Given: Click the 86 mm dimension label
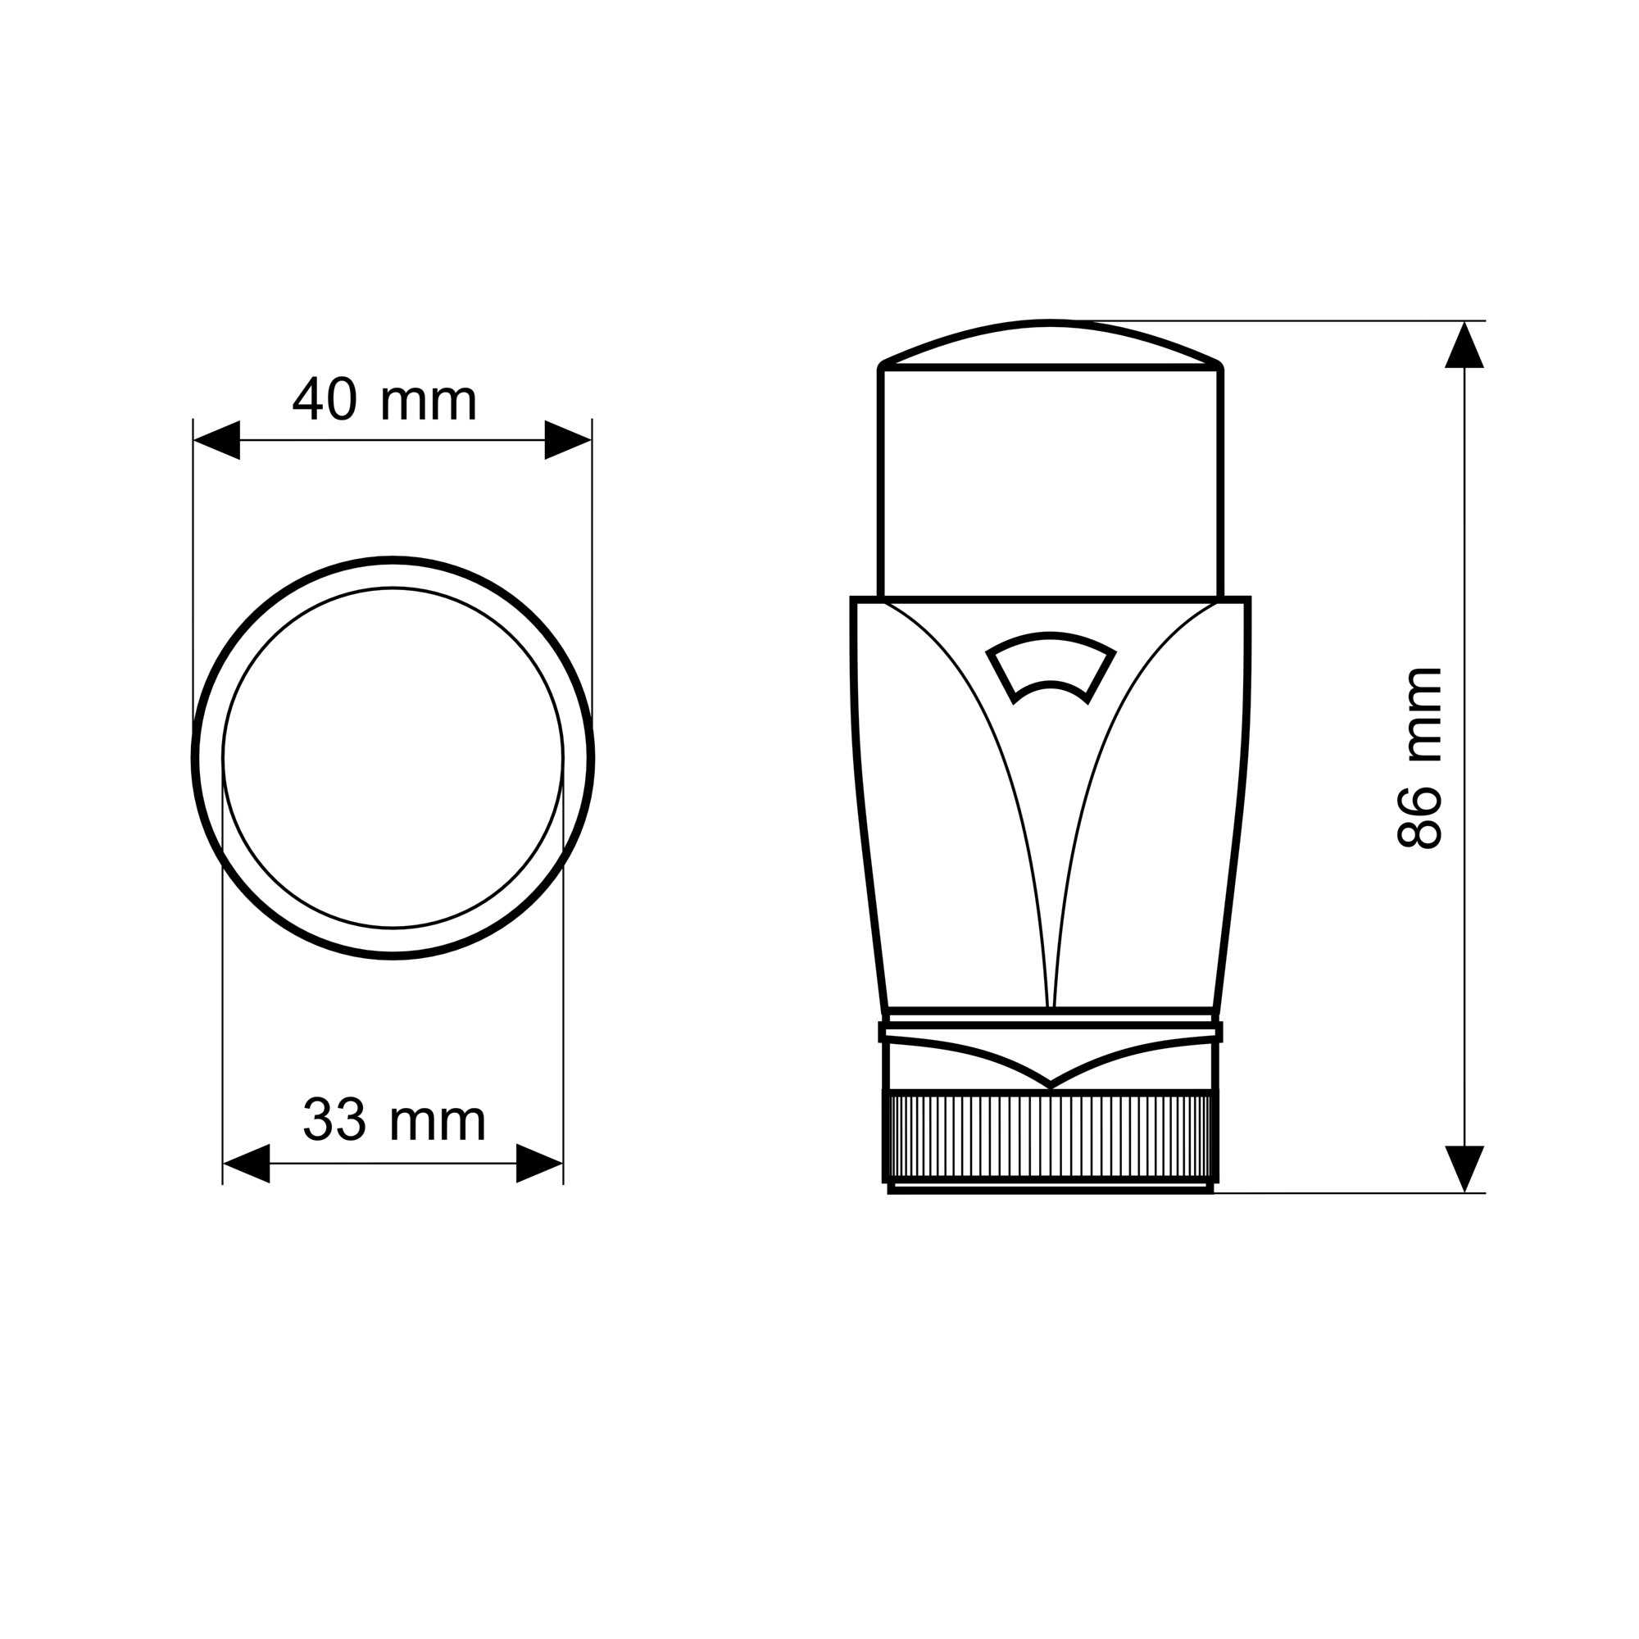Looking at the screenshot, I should coord(1419,757).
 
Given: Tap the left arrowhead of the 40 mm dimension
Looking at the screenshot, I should coord(217,439).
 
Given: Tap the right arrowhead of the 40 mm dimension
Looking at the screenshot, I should coord(567,439).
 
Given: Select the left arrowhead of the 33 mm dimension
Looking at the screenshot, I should coord(246,1163).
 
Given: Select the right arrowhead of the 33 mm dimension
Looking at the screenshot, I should coord(539,1163).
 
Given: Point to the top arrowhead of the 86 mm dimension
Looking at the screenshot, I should coord(1464,345).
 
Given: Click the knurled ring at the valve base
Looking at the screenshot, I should coord(1051,1136).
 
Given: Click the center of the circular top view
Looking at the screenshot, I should coord(393,757).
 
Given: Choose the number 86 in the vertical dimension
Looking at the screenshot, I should coord(1419,817).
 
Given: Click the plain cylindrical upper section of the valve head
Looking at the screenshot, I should coord(1051,484).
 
